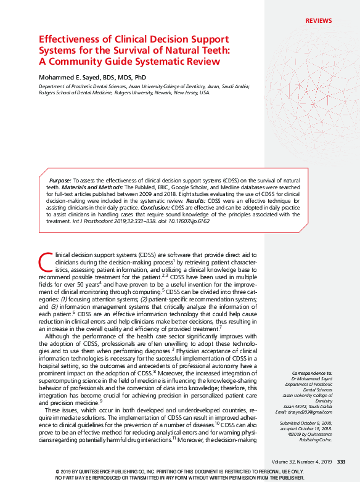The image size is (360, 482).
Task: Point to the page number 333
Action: (341, 462)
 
